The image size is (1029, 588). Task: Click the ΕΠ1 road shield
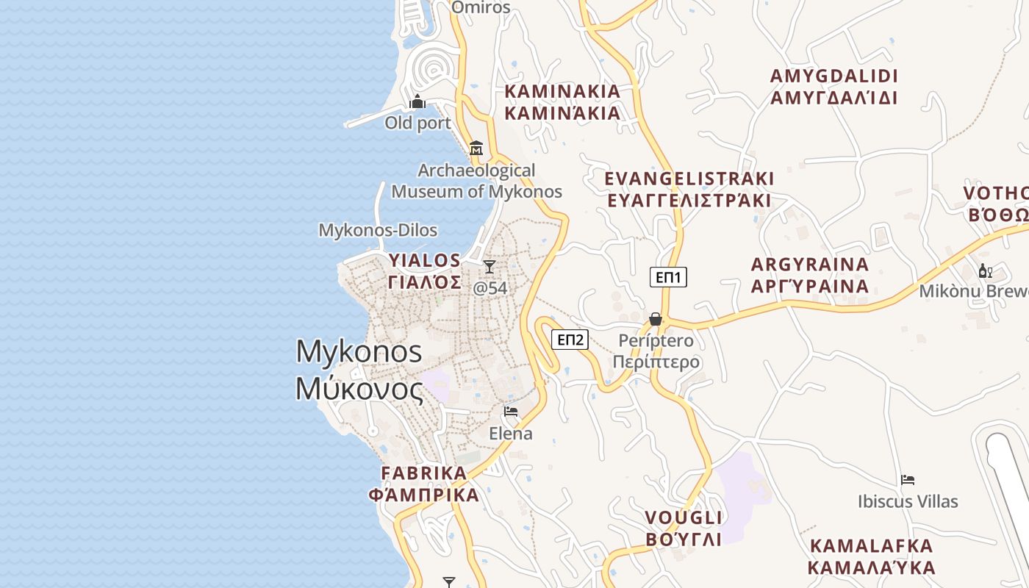pos(668,277)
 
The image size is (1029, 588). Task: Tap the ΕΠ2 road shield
pos(570,340)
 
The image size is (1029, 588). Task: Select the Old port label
pos(417,123)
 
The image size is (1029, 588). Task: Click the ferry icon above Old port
pos(417,101)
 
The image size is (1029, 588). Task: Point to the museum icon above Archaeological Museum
pos(476,148)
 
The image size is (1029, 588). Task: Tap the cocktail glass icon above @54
pos(490,266)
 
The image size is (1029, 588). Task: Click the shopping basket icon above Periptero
pos(655,319)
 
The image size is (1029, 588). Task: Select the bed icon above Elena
pos(511,412)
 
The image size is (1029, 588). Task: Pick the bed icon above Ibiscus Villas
pos(908,480)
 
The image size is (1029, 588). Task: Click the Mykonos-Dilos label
pos(378,230)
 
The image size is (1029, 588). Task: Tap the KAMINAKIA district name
pos(563,102)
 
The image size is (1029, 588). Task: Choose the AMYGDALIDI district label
pos(833,87)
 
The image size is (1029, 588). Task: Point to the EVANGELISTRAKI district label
pos(689,190)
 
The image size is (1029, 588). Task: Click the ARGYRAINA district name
pos(810,275)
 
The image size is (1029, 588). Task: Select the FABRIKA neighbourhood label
pos(424,484)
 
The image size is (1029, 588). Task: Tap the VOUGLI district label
pos(684,528)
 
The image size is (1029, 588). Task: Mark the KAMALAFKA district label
pos(871,556)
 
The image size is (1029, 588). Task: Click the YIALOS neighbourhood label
pos(425,270)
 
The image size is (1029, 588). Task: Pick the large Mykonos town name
pos(359,370)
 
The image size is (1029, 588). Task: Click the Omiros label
pos(481,7)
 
